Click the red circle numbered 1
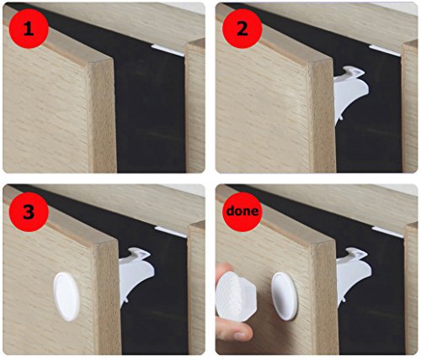[x=29, y=29]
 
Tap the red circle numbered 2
[x=242, y=29]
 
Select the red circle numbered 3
[x=29, y=212]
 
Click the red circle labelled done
[x=242, y=212]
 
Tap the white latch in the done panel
[x=353, y=276]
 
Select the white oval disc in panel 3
[x=67, y=296]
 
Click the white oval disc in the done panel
[x=284, y=296]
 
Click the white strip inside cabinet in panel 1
[x=168, y=50]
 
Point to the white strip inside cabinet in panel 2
[x=385, y=50]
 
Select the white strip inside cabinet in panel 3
[x=171, y=232]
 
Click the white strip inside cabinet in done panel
[x=388, y=232]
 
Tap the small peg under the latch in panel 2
[x=341, y=119]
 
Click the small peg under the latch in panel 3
[x=126, y=300]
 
